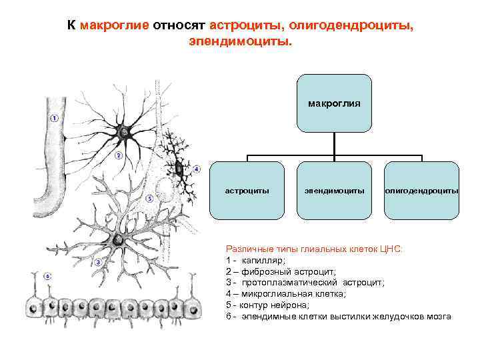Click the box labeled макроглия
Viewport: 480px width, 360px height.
(x=334, y=103)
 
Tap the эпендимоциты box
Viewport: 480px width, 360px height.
(x=334, y=191)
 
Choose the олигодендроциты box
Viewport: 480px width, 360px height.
(x=421, y=191)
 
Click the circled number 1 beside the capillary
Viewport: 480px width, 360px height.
(x=54, y=118)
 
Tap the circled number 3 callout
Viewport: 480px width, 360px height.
(x=97, y=263)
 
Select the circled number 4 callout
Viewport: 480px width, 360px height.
(x=196, y=169)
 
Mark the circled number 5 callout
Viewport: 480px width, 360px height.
(x=149, y=198)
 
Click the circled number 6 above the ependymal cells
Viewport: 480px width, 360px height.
(x=47, y=276)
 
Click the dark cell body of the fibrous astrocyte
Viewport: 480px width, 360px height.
(x=125, y=133)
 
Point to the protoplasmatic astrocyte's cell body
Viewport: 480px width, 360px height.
(x=119, y=240)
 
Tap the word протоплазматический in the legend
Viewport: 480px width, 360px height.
(x=291, y=282)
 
